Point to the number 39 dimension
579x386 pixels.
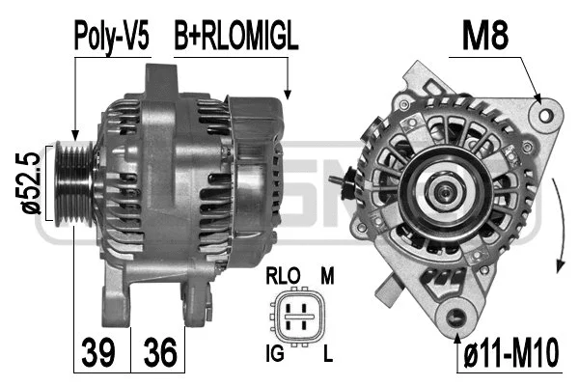pyautogui.click(x=95, y=352)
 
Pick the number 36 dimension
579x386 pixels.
pyautogui.click(x=160, y=352)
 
